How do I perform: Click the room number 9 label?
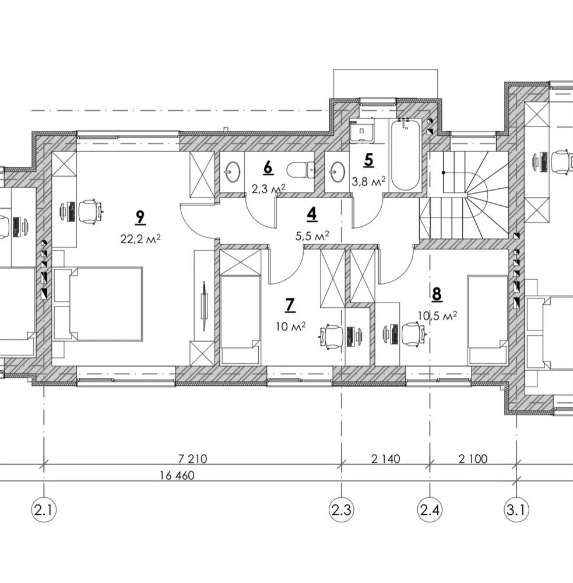point(140,217)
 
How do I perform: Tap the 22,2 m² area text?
point(140,238)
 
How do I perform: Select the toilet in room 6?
point(301,171)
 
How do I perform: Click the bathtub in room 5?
point(405,154)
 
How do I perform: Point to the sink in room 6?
point(233,171)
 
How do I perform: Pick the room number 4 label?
point(312,215)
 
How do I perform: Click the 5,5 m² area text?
point(312,236)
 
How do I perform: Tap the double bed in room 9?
point(97,303)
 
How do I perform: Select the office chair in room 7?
point(331,336)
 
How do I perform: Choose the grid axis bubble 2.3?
point(342,510)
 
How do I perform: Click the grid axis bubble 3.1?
point(516,510)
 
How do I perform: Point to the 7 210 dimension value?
point(192,459)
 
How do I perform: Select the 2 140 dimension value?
point(385,459)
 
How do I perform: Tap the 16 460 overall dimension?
point(177,476)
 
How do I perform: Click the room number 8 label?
point(437,294)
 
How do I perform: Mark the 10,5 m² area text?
point(437,315)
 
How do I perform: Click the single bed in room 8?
point(487,319)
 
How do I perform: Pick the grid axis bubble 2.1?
point(44,510)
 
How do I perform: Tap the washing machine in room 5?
point(361,130)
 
